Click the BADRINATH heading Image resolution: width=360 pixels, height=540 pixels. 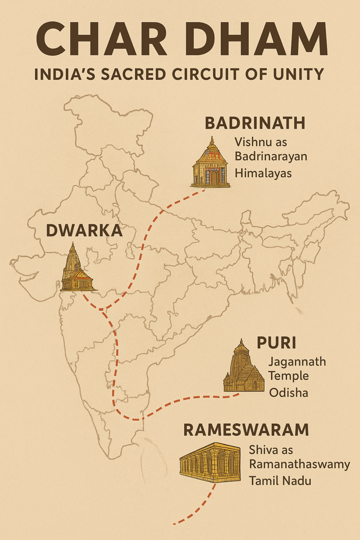(x=255, y=123)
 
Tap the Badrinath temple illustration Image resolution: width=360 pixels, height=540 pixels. (x=211, y=162)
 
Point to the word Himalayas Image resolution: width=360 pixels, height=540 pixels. (x=263, y=173)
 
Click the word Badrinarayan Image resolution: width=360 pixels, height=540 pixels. (x=271, y=156)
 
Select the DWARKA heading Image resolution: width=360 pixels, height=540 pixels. (x=84, y=231)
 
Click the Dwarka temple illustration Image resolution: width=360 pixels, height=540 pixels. (x=76, y=268)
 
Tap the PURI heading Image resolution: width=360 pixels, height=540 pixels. (x=276, y=343)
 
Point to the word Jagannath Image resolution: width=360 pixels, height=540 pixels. (x=297, y=362)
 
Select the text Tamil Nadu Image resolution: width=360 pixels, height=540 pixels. (x=280, y=480)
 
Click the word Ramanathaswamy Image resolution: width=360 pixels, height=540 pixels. (x=299, y=465)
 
